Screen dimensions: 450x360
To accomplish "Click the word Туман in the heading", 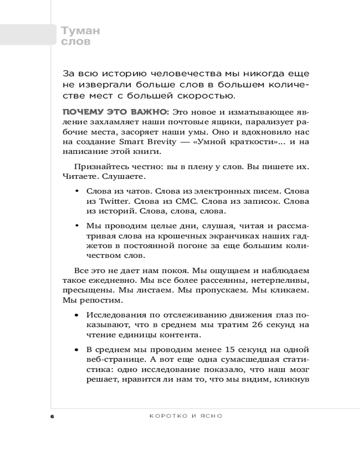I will (x=80, y=31).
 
